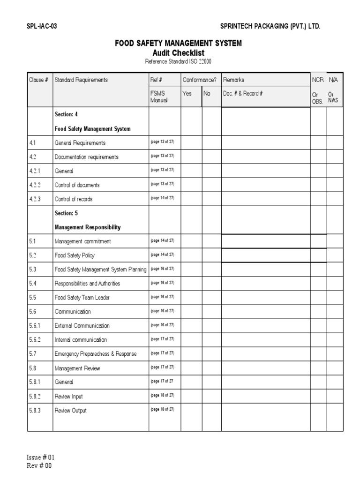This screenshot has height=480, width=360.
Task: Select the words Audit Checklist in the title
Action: point(179,53)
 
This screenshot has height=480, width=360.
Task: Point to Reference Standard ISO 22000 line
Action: point(179,61)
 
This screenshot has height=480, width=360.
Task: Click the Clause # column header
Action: point(39,80)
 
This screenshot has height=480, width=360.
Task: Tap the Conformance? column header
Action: point(200,80)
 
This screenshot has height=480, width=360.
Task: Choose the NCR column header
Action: point(318,80)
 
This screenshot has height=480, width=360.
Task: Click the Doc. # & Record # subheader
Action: point(243,93)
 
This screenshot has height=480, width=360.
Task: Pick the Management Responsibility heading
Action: point(88,227)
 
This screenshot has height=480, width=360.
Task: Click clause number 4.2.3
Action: point(35,199)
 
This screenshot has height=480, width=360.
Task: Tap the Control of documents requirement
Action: point(77,185)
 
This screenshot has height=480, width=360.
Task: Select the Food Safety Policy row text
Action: point(75,255)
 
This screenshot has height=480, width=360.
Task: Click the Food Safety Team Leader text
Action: point(82,298)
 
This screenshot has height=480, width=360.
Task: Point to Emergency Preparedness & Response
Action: point(96,354)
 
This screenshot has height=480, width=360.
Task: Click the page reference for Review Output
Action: point(162,409)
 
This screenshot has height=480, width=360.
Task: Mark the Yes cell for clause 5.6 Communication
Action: point(191,312)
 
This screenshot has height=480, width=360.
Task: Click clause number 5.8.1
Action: point(35,382)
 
